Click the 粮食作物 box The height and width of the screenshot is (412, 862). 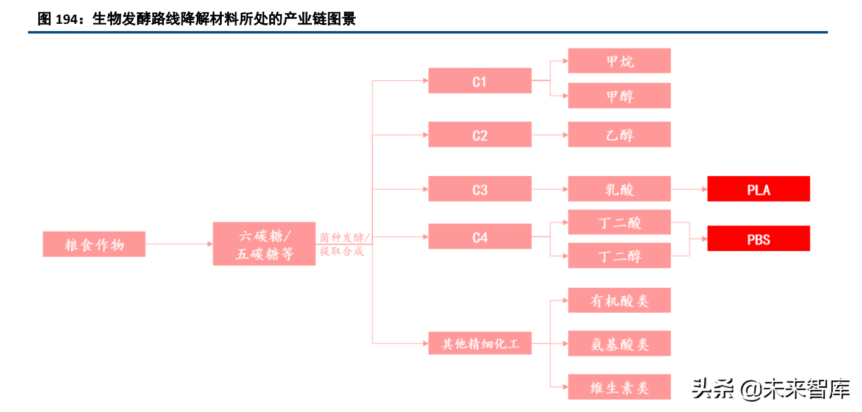pyautogui.click(x=94, y=244)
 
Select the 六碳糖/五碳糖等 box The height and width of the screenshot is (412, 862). pyautogui.click(x=264, y=244)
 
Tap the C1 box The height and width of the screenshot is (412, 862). pyautogui.click(x=479, y=80)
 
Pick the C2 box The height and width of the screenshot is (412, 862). pyautogui.click(x=479, y=135)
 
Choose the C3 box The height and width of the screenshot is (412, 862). pyautogui.click(x=479, y=189)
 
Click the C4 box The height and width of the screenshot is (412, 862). pyautogui.click(x=479, y=236)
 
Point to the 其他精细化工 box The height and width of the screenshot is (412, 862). pyautogui.click(x=479, y=344)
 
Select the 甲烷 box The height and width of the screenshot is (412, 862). pyautogui.click(x=619, y=61)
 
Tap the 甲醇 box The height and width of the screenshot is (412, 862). pyautogui.click(x=619, y=96)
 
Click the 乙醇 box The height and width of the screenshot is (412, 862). pyautogui.click(x=619, y=135)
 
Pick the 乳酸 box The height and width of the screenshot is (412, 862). pyautogui.click(x=619, y=189)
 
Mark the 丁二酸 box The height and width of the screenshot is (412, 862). pyautogui.click(x=619, y=222)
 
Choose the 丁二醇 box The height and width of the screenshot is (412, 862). pyautogui.click(x=619, y=255)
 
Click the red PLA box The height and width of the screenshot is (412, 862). pyautogui.click(x=758, y=189)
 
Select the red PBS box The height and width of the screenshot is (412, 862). pyautogui.click(x=758, y=238)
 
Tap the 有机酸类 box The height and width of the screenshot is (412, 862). pyautogui.click(x=619, y=300)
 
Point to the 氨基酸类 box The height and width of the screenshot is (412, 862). pyautogui.click(x=619, y=344)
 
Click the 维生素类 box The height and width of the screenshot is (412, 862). pyautogui.click(x=619, y=387)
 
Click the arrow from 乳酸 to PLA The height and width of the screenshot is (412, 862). pyautogui.click(x=689, y=189)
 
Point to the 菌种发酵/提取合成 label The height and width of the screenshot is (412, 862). pyautogui.click(x=344, y=244)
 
